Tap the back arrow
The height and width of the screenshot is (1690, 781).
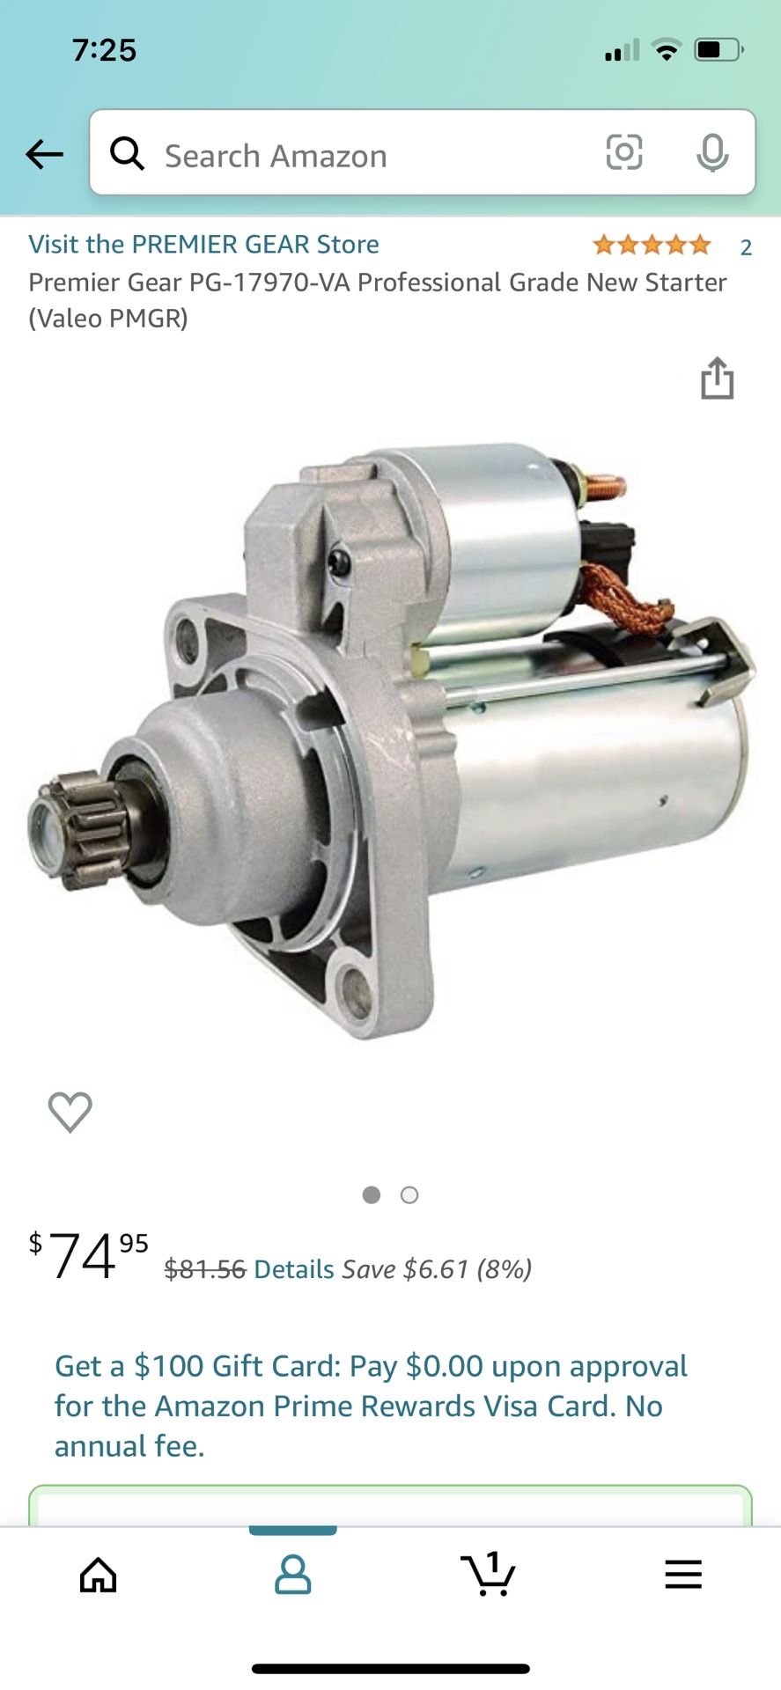tap(44, 155)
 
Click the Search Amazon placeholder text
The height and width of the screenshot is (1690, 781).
tap(276, 157)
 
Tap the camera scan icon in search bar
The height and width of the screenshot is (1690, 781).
tap(623, 152)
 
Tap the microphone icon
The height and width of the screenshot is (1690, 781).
tap(711, 153)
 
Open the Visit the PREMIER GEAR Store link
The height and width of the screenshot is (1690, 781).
tap(203, 244)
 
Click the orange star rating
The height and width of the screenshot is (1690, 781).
tap(652, 245)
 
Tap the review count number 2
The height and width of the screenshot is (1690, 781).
tap(746, 247)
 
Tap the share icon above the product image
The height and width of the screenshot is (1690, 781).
tap(717, 378)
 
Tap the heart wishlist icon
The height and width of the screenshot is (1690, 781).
tap(70, 1111)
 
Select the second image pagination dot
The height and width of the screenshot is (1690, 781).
tap(409, 1194)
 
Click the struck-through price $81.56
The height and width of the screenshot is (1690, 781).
tap(204, 1269)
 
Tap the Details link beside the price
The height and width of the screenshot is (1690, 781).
tap(294, 1269)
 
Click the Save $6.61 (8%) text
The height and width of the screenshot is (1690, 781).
tap(437, 1269)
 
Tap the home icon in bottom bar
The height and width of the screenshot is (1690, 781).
tap(98, 1575)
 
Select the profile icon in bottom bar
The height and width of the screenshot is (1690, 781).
tap(292, 1575)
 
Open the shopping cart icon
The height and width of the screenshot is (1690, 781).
tap(488, 1574)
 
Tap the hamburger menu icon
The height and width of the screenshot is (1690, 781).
tap(683, 1575)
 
